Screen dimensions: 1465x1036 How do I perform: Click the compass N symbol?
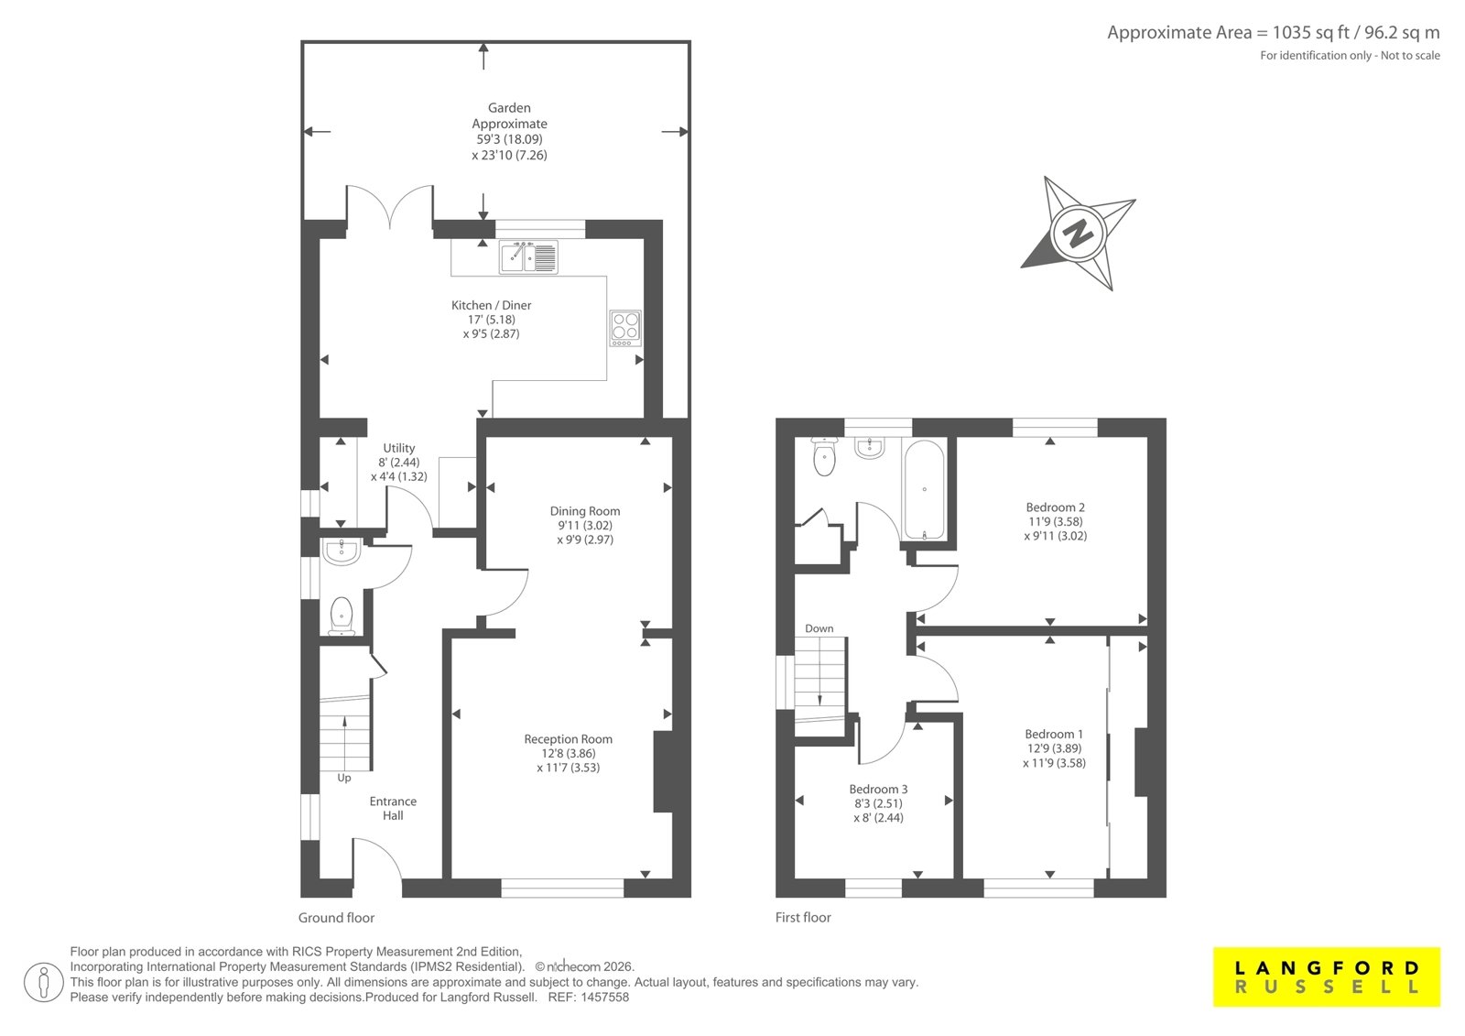pyautogui.click(x=1078, y=233)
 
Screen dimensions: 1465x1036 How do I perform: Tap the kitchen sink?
pyautogui.click(x=528, y=256)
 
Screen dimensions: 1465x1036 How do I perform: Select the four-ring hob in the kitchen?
pyautogui.click(x=625, y=328)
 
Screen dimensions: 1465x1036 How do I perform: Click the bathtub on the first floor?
pyautogui.click(x=924, y=489)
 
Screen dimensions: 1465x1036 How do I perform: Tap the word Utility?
pyautogui.click(x=399, y=448)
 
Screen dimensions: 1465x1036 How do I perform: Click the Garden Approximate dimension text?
pyautogui.click(x=509, y=132)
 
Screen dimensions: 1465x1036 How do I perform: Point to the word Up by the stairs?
pyautogui.click(x=344, y=779)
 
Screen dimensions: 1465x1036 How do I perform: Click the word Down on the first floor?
pyautogui.click(x=819, y=628)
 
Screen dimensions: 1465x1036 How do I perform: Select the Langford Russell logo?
pyautogui.click(x=1327, y=977)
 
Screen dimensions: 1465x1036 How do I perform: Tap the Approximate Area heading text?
pyautogui.click(x=1274, y=32)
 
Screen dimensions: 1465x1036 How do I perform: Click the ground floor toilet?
pyautogui.click(x=342, y=616)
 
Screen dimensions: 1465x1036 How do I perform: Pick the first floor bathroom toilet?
pyautogui.click(x=825, y=455)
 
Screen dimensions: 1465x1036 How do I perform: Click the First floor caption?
pyautogui.click(x=803, y=918)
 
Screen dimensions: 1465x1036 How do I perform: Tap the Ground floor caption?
pyautogui.click(x=336, y=918)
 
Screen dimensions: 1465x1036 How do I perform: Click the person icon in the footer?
pyautogui.click(x=44, y=982)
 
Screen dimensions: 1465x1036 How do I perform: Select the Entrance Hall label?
pyautogui.click(x=393, y=808)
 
